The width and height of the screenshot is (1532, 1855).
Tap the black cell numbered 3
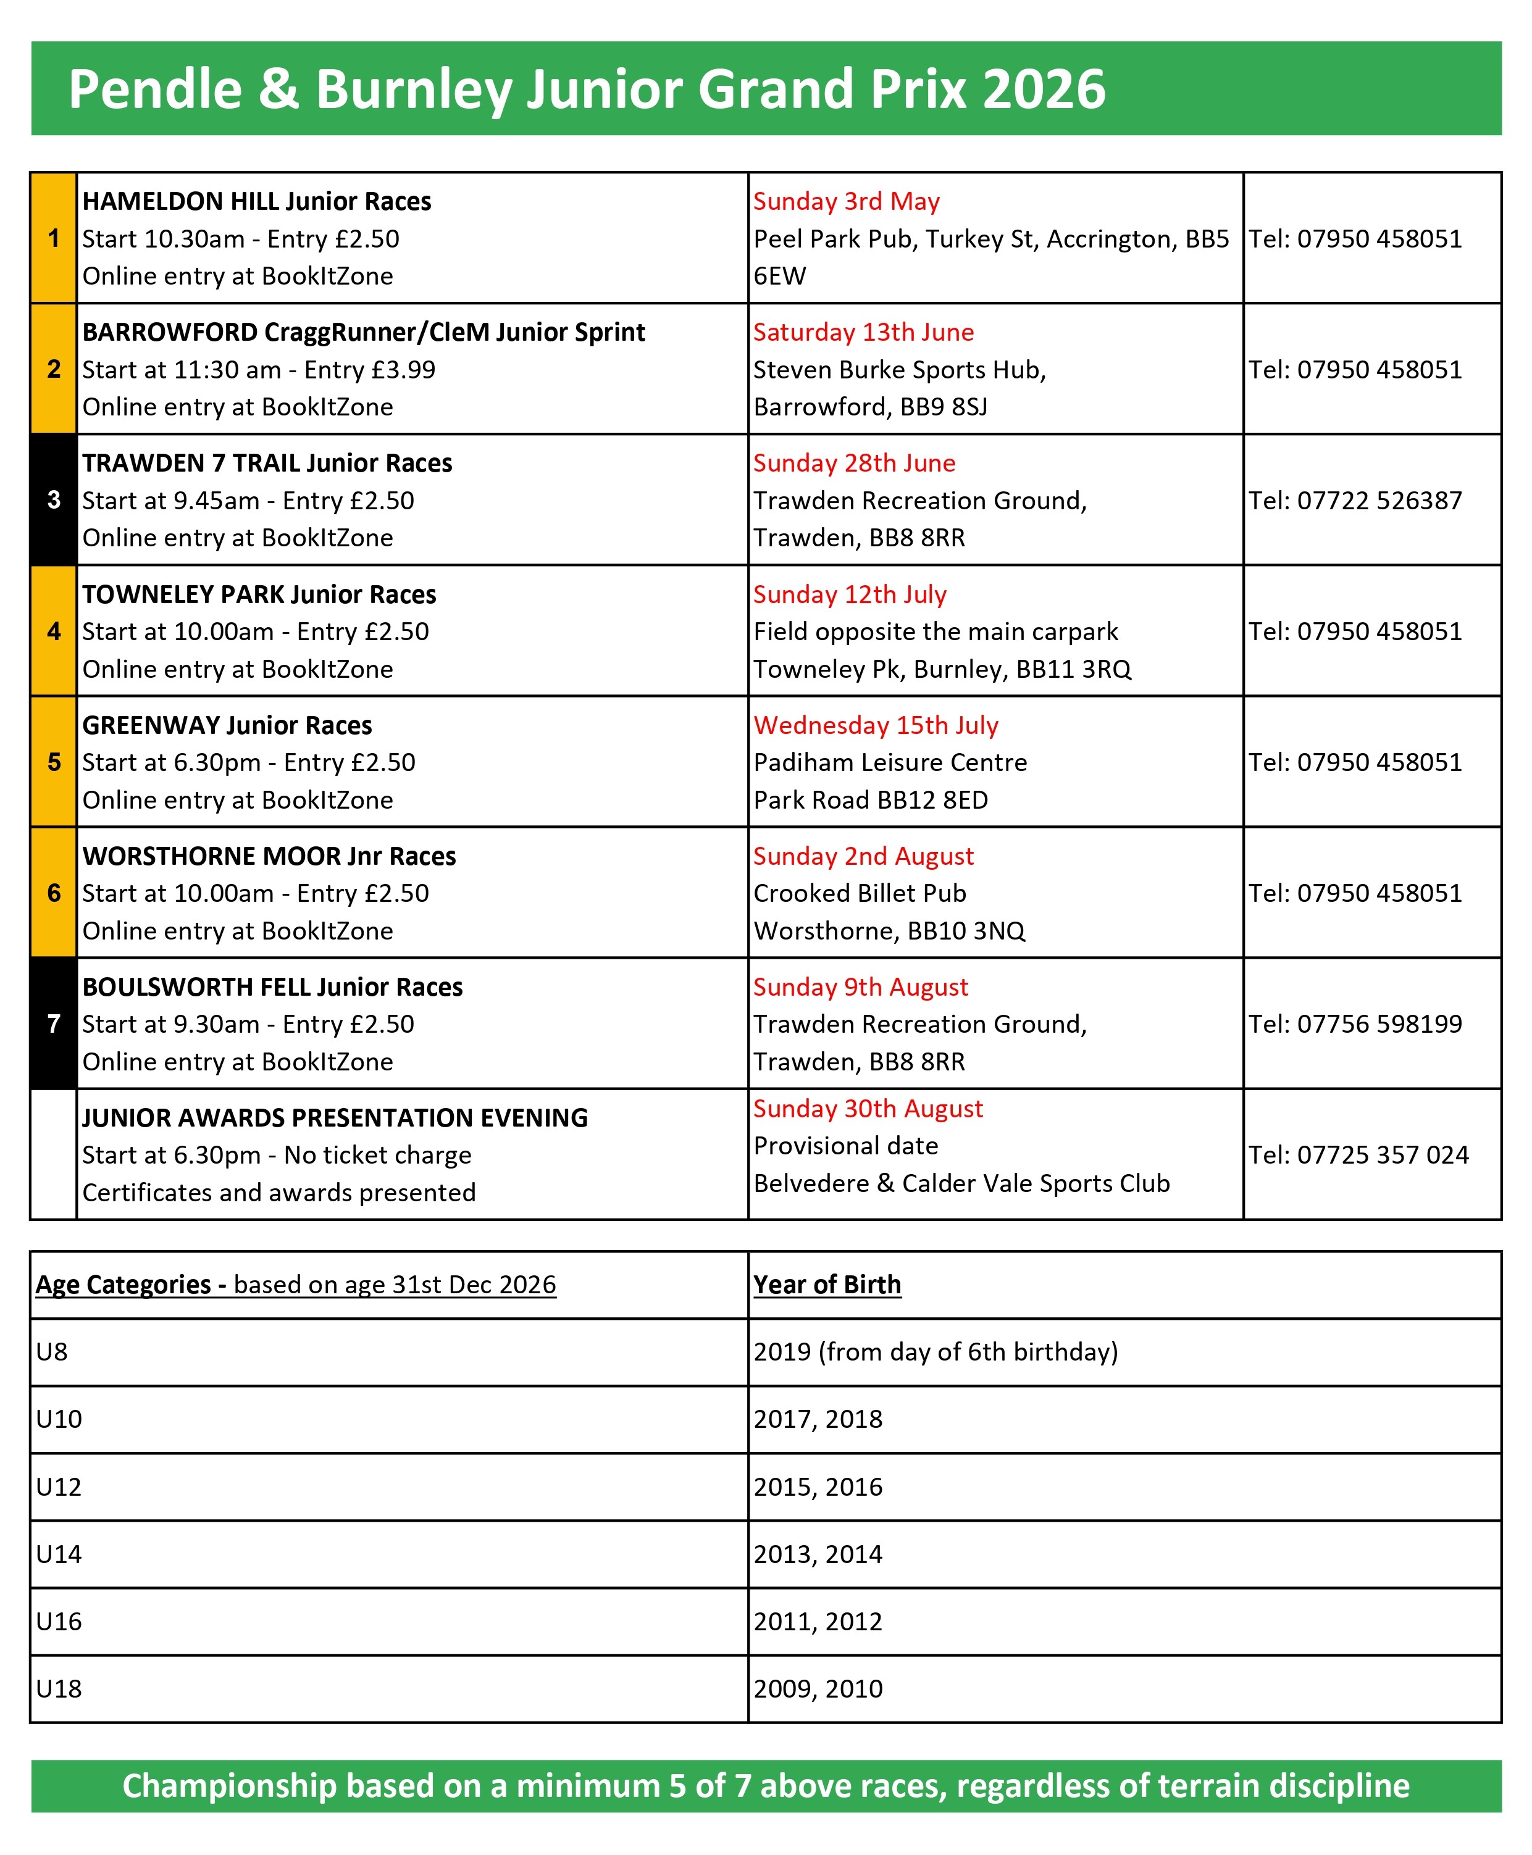(x=54, y=500)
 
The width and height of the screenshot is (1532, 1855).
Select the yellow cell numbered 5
(x=54, y=762)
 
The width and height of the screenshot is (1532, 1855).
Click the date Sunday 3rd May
(x=847, y=201)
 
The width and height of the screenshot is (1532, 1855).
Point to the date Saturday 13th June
(x=863, y=333)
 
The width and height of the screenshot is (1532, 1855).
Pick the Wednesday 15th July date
(x=876, y=725)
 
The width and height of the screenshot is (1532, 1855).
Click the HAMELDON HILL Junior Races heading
(x=257, y=201)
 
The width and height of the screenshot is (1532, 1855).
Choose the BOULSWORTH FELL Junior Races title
(x=273, y=987)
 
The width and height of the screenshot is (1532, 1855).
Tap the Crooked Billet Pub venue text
(x=860, y=893)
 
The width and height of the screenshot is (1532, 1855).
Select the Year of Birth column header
(x=827, y=1284)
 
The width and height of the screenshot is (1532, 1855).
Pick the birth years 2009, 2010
(x=818, y=1688)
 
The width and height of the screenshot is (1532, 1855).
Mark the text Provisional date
(x=845, y=1146)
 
